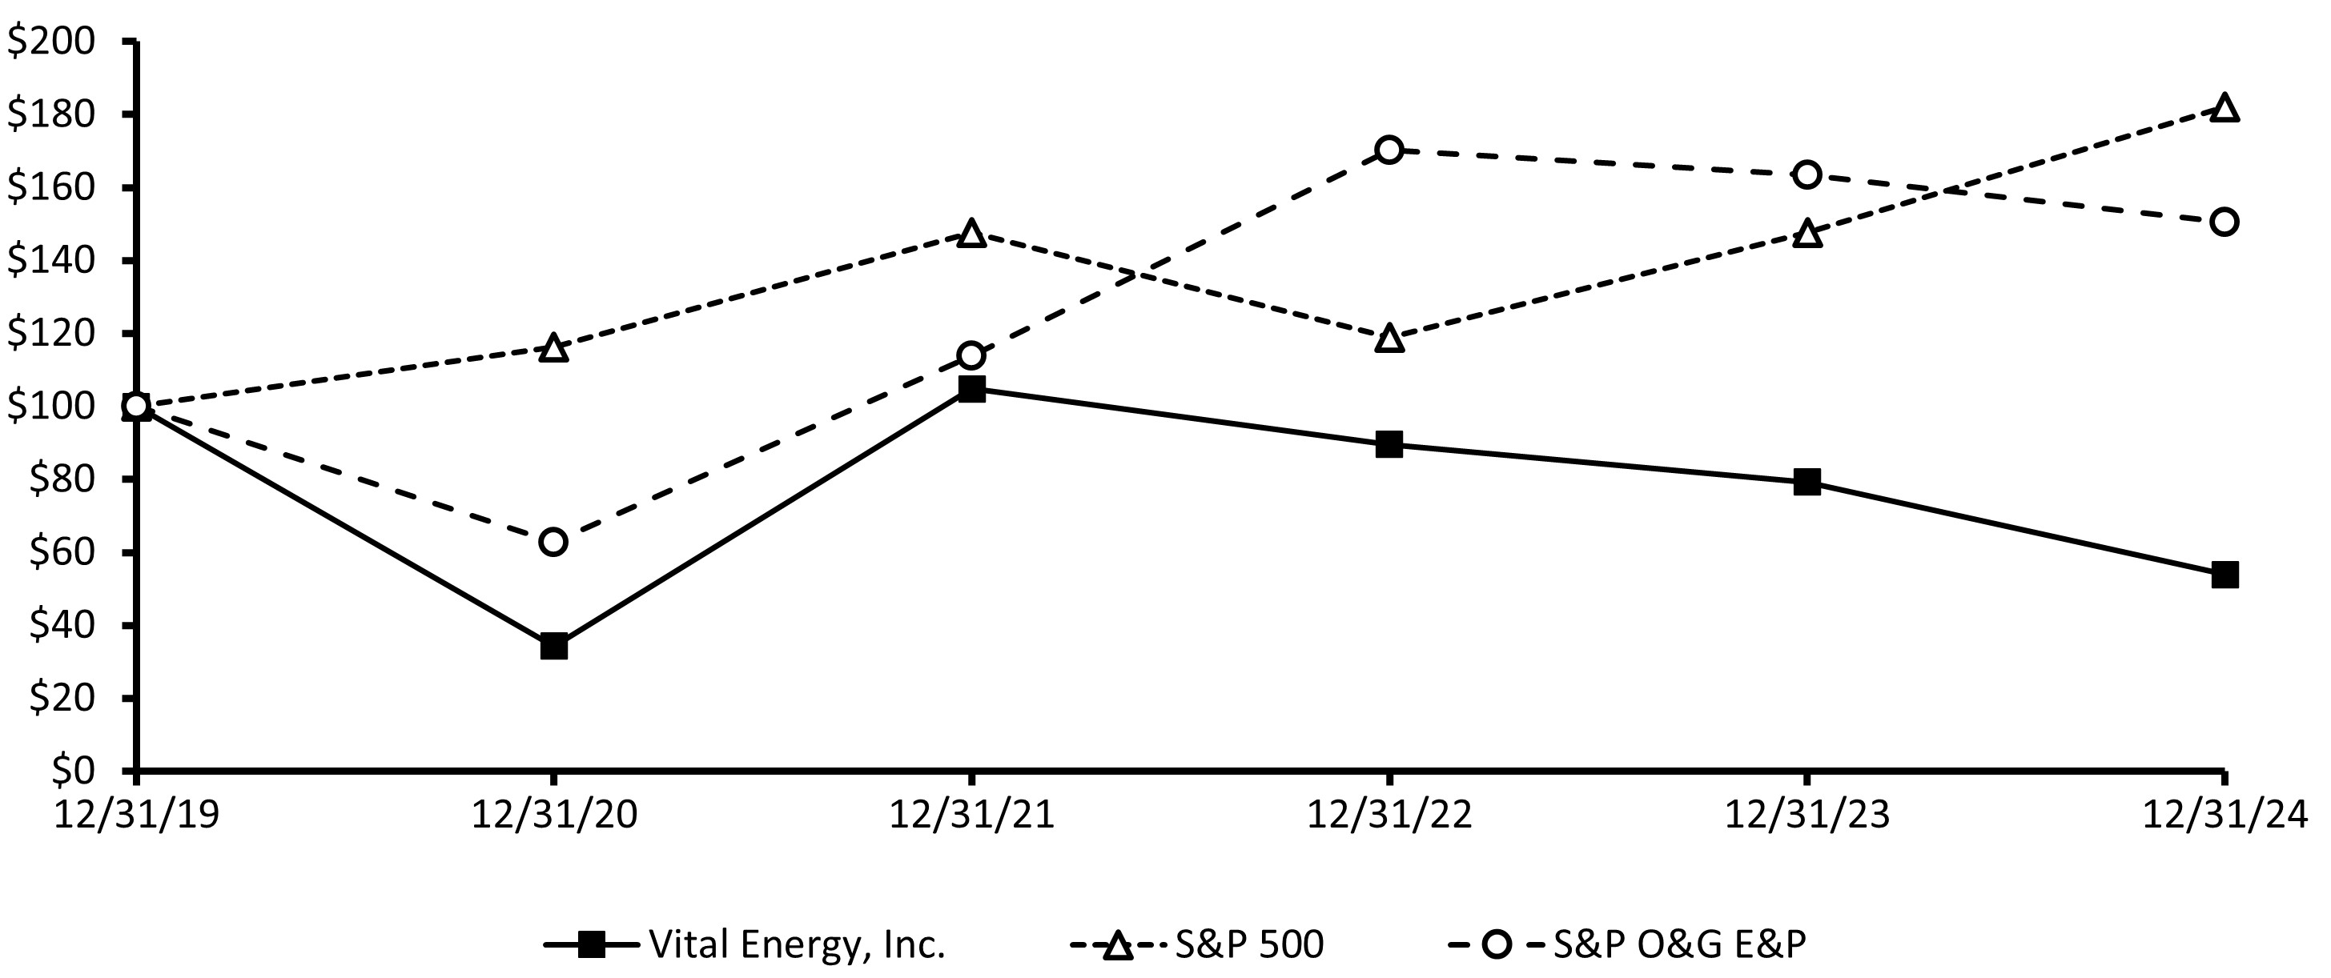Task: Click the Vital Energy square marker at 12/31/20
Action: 554,647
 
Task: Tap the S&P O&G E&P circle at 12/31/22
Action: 1389,150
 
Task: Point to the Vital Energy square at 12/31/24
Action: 2225,575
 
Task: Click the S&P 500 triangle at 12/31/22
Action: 1389,339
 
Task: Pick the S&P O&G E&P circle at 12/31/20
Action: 554,542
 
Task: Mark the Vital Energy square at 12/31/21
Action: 972,389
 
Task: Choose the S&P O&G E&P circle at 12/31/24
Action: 2225,222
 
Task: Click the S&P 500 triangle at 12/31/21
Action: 972,234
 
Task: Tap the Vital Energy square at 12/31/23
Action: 1807,481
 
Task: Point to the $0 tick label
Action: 72,770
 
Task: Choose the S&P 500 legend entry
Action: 1248,944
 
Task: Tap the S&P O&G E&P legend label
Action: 1679,944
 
